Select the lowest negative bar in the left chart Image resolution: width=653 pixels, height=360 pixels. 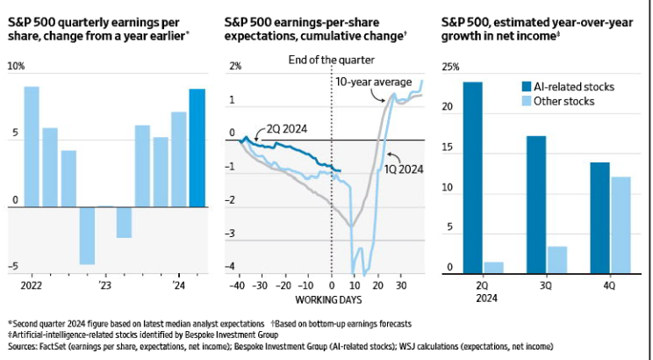[87, 235]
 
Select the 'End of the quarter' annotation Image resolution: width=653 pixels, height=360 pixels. [332, 60]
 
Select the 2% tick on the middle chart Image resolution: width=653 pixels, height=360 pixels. [234, 68]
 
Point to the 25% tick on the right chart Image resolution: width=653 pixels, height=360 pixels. [449, 68]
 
